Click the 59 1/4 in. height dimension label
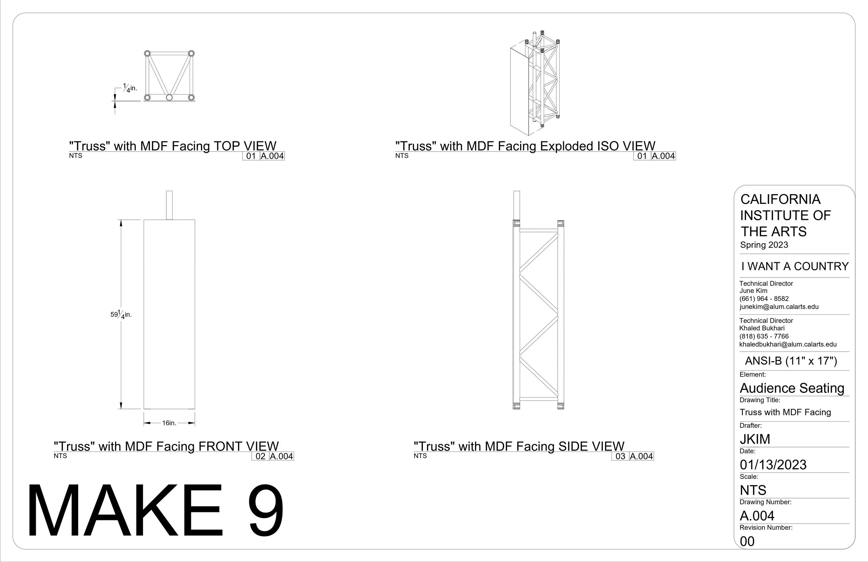pyautogui.click(x=121, y=314)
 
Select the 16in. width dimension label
pyautogui.click(x=169, y=423)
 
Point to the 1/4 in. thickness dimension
pyautogui.click(x=130, y=88)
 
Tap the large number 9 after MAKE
pyautogui.click(x=266, y=511)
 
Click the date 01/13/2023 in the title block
pyautogui.click(x=773, y=464)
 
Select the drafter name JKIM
pyautogui.click(x=755, y=439)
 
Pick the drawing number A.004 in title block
pyautogui.click(x=757, y=516)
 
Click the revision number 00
pyautogui.click(x=747, y=541)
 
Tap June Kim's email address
pyautogui.click(x=779, y=307)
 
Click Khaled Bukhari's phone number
pyautogui.click(x=764, y=336)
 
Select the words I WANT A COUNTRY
pyautogui.click(x=795, y=266)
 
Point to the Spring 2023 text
pyautogui.click(x=764, y=245)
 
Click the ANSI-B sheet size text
pyautogui.click(x=791, y=361)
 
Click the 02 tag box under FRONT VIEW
pyautogui.click(x=260, y=456)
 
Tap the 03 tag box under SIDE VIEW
pyautogui.click(x=620, y=456)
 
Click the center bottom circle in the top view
pyautogui.click(x=169, y=98)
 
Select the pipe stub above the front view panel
pyautogui.click(x=169, y=205)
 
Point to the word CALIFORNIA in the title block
pyautogui.click(x=781, y=199)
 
